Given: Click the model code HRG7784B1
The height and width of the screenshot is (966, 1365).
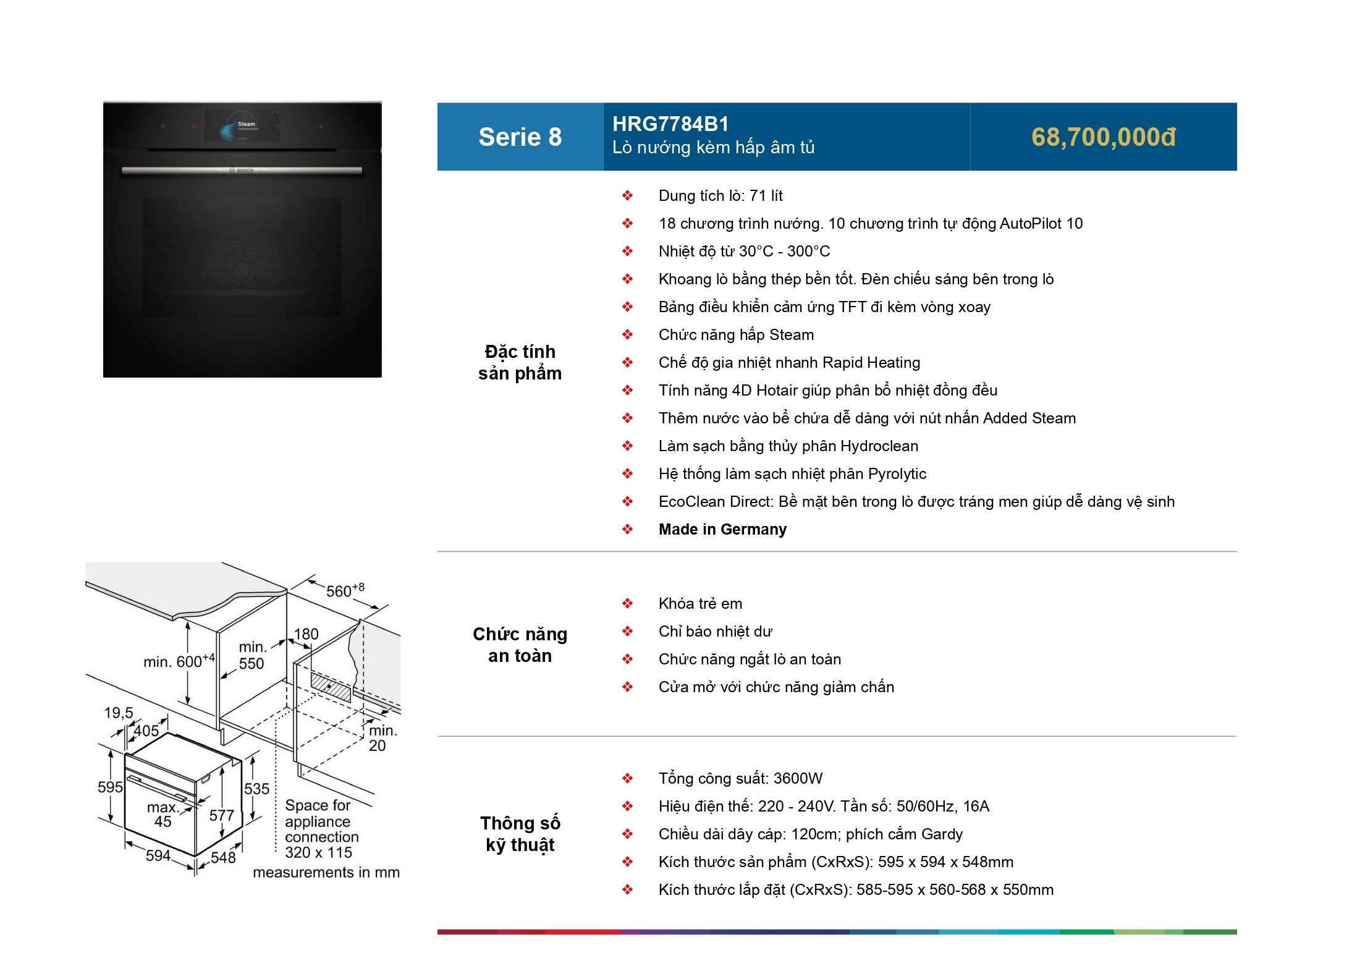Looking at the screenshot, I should coord(670,124).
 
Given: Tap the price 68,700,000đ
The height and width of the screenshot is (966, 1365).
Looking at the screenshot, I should coord(1103,137).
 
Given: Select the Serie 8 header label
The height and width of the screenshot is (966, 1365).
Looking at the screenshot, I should coord(520,137).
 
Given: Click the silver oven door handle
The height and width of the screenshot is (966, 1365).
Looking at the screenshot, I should coord(242,171).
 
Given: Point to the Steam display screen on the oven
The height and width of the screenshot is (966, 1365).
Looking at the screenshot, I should coord(242,126).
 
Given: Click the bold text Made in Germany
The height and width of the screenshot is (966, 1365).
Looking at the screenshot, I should coord(722,530).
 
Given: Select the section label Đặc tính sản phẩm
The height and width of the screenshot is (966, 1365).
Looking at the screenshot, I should coord(520,363).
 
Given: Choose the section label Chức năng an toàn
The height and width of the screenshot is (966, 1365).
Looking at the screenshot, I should coord(520,645).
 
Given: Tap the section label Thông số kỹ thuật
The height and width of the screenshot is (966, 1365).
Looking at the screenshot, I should coord(520,834).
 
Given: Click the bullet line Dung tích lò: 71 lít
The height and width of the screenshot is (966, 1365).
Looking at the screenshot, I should coord(721,196).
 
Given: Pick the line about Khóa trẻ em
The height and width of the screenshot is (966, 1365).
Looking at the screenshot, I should coord(700,604).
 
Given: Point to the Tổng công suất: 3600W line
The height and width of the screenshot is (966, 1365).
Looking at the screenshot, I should coord(740,779).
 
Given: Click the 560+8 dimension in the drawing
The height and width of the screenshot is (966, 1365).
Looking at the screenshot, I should coord(344,591).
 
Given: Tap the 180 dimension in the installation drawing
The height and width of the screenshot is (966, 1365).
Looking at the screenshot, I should coord(306,635).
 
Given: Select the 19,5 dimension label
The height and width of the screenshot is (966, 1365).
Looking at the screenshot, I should coord(119,713).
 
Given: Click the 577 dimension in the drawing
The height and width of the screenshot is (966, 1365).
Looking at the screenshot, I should coord(221,816).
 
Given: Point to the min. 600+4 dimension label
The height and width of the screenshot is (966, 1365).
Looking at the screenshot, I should coord(179,661).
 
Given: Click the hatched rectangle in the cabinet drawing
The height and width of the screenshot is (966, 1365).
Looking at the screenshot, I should coord(331,687).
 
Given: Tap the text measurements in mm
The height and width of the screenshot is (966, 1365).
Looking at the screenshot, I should coord(326,873).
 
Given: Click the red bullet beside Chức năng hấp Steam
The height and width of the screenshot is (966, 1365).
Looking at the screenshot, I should coord(627,335).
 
